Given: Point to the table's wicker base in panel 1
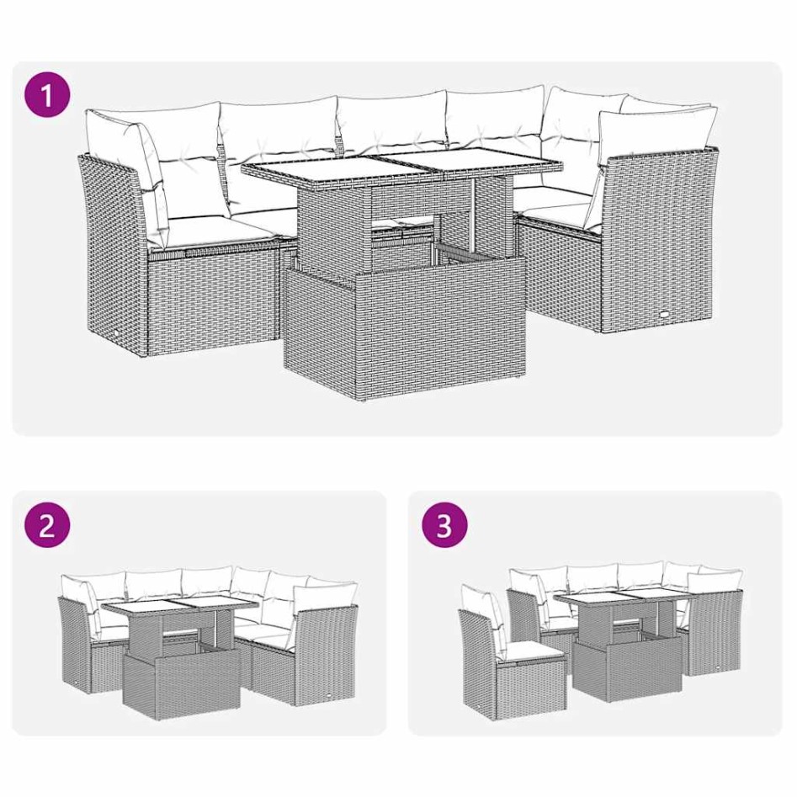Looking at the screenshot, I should (404, 328).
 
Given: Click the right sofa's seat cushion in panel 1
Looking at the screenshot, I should (551, 203).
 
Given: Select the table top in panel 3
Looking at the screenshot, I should (622, 601).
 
